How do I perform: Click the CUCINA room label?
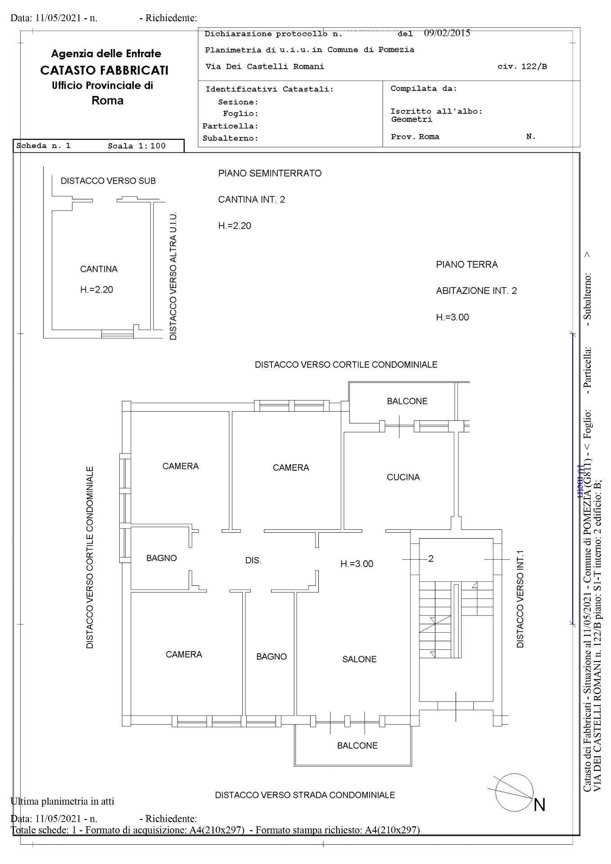pyautogui.click(x=403, y=477)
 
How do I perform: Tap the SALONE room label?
pyautogui.click(x=359, y=659)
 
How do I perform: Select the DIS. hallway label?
pyautogui.click(x=253, y=561)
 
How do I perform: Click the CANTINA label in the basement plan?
pyautogui.click(x=99, y=269)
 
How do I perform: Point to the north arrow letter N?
pyautogui.click(x=539, y=805)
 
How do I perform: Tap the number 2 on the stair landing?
pyautogui.click(x=431, y=558)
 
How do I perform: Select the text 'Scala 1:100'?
pyautogui.click(x=136, y=146)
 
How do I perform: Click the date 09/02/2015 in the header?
pyautogui.click(x=447, y=33)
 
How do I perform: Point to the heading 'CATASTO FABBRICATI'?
pyautogui.click(x=104, y=70)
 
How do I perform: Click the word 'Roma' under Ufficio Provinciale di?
pyautogui.click(x=107, y=100)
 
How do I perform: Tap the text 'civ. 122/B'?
pyautogui.click(x=522, y=67)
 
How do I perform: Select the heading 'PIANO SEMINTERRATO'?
pyautogui.click(x=270, y=173)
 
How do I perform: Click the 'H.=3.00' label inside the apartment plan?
pyautogui.click(x=357, y=564)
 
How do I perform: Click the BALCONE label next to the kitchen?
pyautogui.click(x=407, y=401)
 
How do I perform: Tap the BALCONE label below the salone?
pyautogui.click(x=357, y=746)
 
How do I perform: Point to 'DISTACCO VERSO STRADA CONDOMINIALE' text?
pyautogui.click(x=305, y=795)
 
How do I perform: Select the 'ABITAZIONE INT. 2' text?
pyautogui.click(x=476, y=291)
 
